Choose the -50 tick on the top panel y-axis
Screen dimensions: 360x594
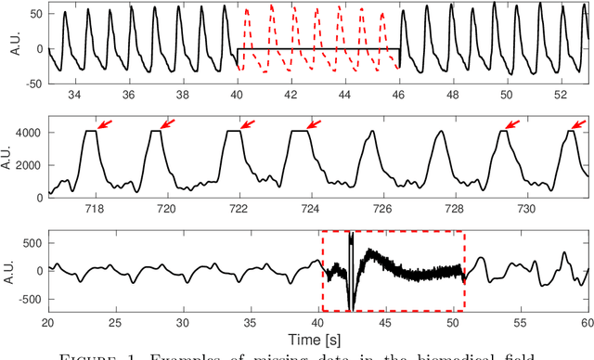[32, 84]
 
